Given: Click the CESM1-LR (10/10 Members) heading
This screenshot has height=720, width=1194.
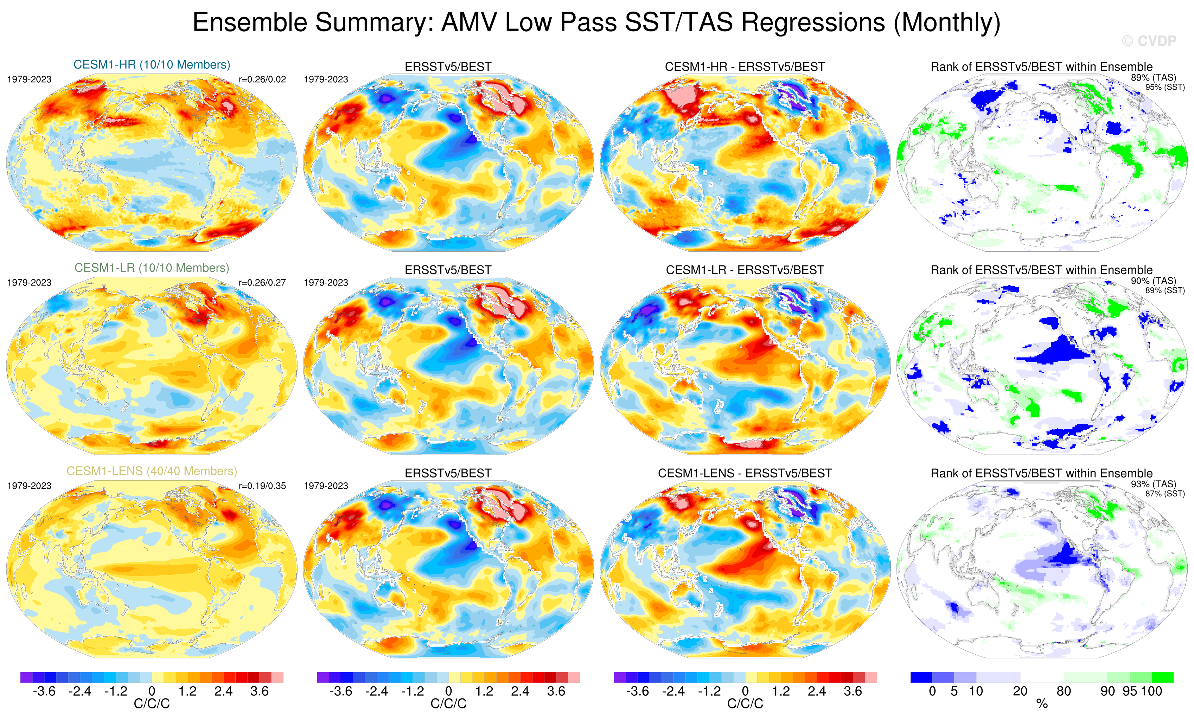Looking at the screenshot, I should (x=152, y=268).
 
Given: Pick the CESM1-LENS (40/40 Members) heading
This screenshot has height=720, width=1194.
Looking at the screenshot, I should (x=152, y=471).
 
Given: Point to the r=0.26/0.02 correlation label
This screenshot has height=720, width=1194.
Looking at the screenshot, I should (x=262, y=79).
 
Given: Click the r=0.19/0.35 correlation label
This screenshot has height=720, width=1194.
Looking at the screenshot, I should (x=262, y=486).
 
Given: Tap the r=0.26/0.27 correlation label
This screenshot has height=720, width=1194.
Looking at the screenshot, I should (x=262, y=282).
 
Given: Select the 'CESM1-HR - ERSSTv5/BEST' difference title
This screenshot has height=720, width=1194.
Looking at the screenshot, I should (x=745, y=67).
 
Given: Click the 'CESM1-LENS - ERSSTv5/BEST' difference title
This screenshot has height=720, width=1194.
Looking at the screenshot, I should (x=745, y=473).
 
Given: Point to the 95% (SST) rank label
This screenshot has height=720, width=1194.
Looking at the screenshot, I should (x=1165, y=87).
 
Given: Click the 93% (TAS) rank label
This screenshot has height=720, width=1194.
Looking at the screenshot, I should (x=1153, y=484).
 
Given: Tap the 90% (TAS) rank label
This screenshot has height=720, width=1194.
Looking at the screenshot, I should (x=1153, y=281).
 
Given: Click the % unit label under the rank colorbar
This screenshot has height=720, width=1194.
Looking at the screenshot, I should (x=1042, y=704).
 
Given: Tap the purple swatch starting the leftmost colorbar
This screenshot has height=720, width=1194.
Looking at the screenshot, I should (x=26, y=677).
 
